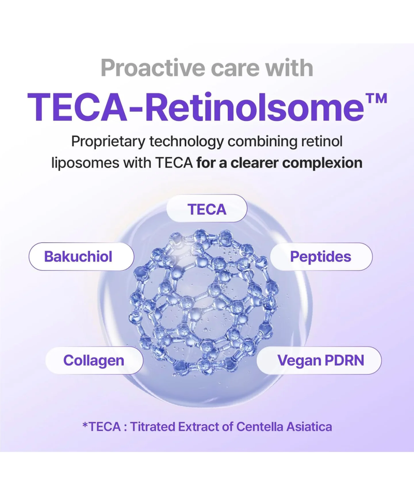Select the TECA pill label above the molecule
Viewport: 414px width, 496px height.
[x=207, y=209]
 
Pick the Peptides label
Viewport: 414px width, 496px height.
[x=321, y=256]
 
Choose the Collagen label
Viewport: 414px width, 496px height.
[x=94, y=360]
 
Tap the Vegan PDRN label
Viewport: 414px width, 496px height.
[x=319, y=360]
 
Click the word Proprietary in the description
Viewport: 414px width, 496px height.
[x=108, y=142]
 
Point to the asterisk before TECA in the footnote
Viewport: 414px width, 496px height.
[x=85, y=425]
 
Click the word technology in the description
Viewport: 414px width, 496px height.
[x=186, y=142]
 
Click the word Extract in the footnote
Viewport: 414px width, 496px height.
[x=198, y=427]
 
